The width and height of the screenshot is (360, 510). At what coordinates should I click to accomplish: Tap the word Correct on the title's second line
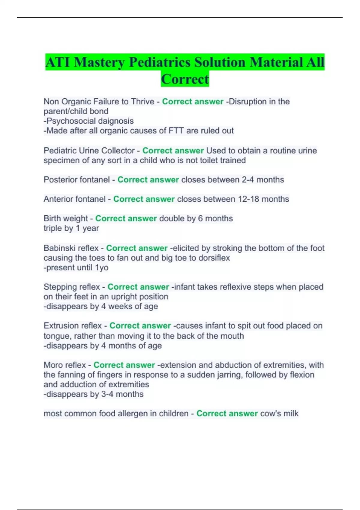click(x=185, y=79)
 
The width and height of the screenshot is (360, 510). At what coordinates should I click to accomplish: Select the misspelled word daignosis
click(x=116, y=121)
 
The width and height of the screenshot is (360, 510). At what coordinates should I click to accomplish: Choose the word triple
click(x=54, y=228)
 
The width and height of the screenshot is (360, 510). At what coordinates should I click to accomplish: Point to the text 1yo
click(x=102, y=268)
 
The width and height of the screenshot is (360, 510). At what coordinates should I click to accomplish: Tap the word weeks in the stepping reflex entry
click(x=120, y=306)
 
